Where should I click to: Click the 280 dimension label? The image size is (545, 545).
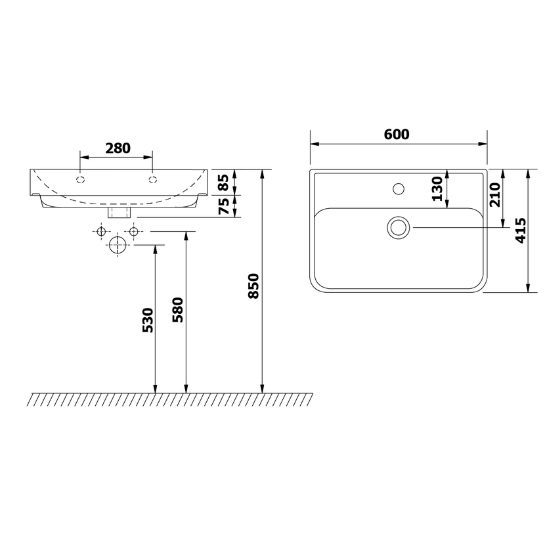118,148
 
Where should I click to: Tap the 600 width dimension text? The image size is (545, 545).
397,134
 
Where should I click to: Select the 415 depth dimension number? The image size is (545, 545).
521,230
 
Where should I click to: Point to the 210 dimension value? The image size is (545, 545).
494,194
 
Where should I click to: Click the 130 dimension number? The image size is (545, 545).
437,188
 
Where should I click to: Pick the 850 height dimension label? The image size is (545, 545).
253,286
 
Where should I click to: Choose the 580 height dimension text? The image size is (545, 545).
177,310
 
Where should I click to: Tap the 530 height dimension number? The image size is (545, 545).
147,320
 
